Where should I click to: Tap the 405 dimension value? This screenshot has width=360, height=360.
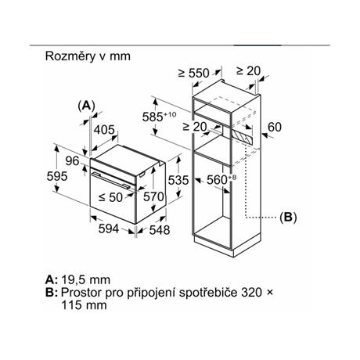click(104, 130)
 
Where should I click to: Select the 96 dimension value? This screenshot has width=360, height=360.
click(72, 161)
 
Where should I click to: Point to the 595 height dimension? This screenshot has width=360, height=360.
click(57, 176)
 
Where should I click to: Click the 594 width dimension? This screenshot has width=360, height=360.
click(109, 229)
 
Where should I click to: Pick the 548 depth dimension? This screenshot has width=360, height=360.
click(160, 230)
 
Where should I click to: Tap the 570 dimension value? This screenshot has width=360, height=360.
click(153, 196)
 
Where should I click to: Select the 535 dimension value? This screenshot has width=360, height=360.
click(178, 180)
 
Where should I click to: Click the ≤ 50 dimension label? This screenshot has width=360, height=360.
click(110, 197)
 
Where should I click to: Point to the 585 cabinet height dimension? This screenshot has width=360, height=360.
click(159, 117)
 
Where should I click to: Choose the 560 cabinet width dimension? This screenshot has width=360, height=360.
click(221, 179)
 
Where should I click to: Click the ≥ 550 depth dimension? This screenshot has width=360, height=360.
click(194, 73)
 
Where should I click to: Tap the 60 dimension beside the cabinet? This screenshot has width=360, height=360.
click(275, 128)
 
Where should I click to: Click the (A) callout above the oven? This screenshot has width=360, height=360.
click(86, 106)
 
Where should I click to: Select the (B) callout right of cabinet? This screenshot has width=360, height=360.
click(288, 218)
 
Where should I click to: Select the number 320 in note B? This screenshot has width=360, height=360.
click(251, 293)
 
